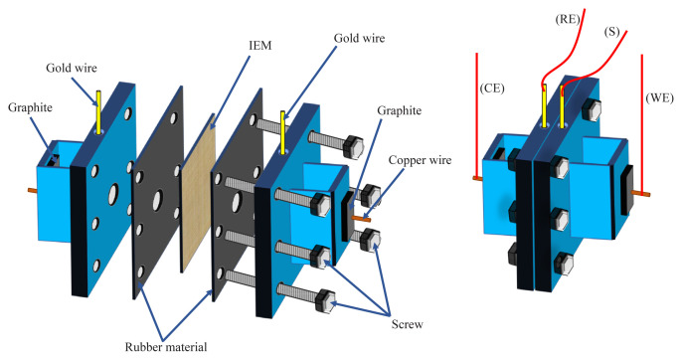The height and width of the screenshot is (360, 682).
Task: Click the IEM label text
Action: click(x=260, y=46)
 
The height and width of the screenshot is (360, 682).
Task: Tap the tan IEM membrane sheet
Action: click(x=199, y=193)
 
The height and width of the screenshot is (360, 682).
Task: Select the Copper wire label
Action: click(x=420, y=160)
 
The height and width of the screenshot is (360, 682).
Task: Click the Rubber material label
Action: click(x=166, y=347)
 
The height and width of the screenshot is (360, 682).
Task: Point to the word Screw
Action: click(x=408, y=324)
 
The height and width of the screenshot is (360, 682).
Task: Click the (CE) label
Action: click(x=492, y=89)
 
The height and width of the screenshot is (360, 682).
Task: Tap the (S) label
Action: click(x=611, y=32)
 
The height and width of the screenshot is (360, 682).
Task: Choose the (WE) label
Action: click(x=659, y=97)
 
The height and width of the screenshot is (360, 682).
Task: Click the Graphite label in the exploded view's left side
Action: click(x=30, y=108)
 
